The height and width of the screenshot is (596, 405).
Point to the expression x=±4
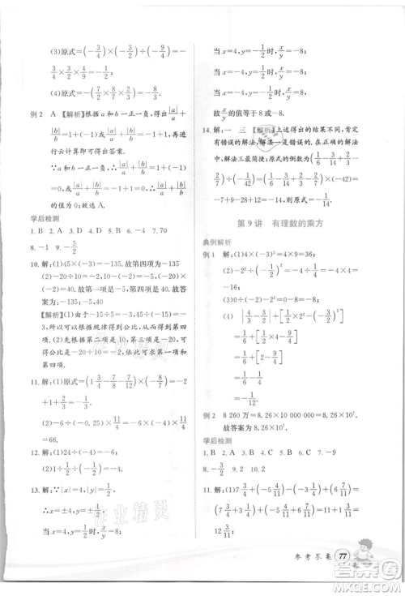[64, 512]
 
